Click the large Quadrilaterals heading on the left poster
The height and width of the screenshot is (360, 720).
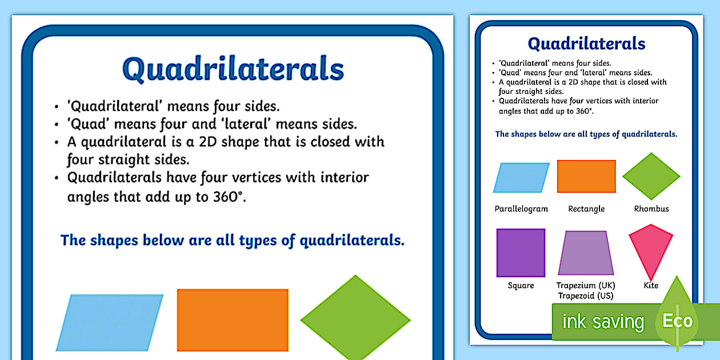(x=233, y=70)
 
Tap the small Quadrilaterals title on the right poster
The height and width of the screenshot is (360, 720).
(x=586, y=44)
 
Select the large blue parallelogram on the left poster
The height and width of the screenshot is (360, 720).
(x=110, y=322)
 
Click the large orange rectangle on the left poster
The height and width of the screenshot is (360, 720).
(x=233, y=320)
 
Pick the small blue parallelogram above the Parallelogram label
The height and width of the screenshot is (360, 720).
(x=521, y=177)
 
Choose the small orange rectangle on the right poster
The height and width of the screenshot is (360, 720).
(x=586, y=176)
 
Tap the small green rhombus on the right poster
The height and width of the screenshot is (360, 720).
(x=651, y=176)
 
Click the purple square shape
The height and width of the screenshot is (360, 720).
(x=521, y=253)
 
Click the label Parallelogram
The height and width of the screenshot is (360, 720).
(x=521, y=209)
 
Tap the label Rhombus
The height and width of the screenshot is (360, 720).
(x=651, y=209)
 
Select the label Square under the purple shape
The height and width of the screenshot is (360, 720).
(x=521, y=286)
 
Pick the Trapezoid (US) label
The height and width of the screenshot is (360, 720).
(x=586, y=296)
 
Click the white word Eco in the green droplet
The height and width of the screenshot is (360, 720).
(x=678, y=321)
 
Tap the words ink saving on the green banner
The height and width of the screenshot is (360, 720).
(x=602, y=322)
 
